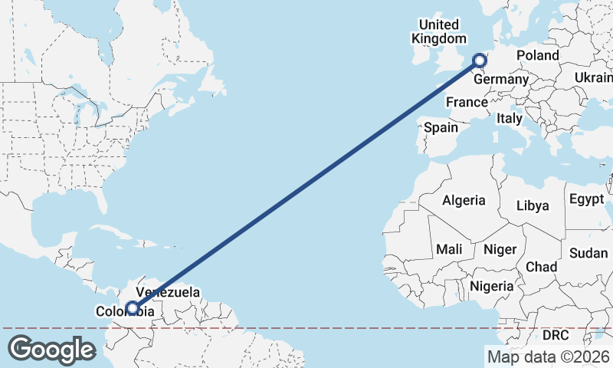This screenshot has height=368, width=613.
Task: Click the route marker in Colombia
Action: tap(133, 308)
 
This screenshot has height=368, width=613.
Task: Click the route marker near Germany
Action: tap(480, 61)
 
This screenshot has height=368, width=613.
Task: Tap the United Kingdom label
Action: tap(438, 31)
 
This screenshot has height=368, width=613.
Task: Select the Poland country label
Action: tap(537, 55)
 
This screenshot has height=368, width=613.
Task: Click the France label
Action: tap(467, 102)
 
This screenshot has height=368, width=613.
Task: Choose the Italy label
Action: tap(509, 119)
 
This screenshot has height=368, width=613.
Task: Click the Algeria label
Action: tap(464, 200)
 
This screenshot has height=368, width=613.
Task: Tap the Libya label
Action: tap(533, 205)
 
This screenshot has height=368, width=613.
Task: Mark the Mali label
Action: tap(449, 249)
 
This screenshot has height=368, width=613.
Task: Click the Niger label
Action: tap(500, 249)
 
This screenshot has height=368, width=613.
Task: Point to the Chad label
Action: tap(541, 267)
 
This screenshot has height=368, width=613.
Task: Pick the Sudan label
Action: tap(588, 253)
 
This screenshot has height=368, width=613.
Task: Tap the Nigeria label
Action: tap(491, 286)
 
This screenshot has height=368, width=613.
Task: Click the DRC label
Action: tap(556, 336)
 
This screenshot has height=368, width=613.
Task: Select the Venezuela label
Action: tap(168, 292)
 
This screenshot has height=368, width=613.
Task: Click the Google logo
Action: tap(51, 349)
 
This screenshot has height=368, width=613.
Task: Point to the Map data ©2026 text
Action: tap(548, 356)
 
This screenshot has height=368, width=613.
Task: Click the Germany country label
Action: tap(501, 79)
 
